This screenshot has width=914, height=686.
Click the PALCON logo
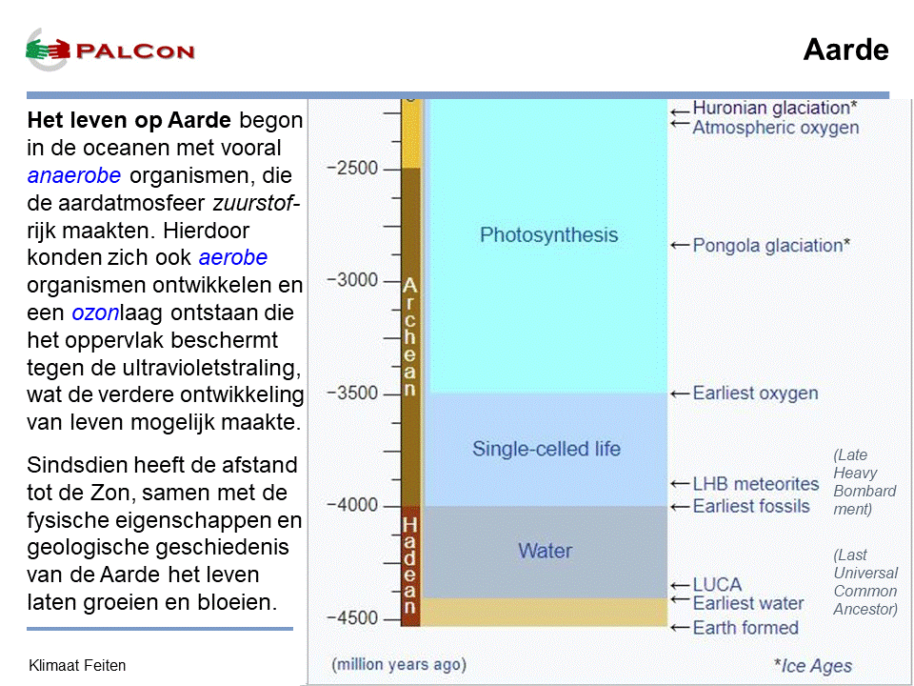coord(109,50)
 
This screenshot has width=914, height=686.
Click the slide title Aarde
coord(845,50)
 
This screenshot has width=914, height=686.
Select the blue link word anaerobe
coord(74,175)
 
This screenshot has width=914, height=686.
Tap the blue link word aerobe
coord(232,257)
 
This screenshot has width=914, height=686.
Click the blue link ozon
coord(95,313)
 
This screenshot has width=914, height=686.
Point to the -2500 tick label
coord(352,169)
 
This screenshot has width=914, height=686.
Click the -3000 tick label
coord(352,280)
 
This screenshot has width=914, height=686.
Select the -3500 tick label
coord(352,393)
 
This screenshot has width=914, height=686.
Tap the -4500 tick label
coord(352,617)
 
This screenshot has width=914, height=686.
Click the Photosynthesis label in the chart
coord(548,235)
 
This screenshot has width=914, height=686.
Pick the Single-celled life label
coord(546,449)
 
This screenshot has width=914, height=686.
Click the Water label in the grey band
coord(545,551)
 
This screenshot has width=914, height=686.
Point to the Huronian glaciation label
coord(775,108)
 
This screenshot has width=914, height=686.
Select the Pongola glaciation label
coord(771,246)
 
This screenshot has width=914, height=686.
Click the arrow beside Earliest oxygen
coord(680,394)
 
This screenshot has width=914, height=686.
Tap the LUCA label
coord(717,584)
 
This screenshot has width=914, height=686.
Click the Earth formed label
coord(745,628)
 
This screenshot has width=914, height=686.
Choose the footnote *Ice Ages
coord(812,666)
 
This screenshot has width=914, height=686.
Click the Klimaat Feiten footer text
coord(77,666)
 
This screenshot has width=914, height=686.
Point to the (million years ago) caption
coord(399,664)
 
